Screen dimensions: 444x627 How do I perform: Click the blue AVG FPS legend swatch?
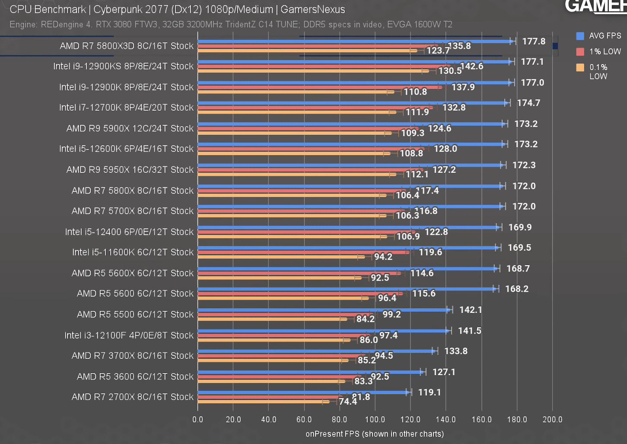[x=580, y=36]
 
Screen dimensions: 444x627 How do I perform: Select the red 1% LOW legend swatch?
[x=580, y=52]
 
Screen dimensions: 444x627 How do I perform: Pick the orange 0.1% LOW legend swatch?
[x=580, y=67]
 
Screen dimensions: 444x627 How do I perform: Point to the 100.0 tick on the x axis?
[x=375, y=419]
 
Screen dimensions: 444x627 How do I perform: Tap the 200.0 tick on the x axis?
[x=552, y=419]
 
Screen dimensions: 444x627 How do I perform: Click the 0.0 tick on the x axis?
[x=197, y=419]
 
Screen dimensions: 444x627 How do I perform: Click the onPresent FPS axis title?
[x=374, y=434]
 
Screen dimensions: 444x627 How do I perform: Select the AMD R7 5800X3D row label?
[x=127, y=46]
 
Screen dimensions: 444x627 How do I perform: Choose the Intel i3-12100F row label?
[x=129, y=335]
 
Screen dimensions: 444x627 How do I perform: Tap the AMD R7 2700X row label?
[x=132, y=397]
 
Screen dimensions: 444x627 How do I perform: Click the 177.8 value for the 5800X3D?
[x=534, y=42]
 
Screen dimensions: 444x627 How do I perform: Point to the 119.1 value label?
[x=430, y=393]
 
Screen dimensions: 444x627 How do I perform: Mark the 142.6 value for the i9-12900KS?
[x=472, y=66]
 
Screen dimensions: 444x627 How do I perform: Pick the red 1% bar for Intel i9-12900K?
[x=320, y=87]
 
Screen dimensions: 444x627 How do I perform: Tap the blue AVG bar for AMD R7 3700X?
[x=315, y=351]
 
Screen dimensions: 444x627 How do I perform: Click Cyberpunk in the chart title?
[x=118, y=10]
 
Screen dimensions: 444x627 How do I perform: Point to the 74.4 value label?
[x=348, y=402]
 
